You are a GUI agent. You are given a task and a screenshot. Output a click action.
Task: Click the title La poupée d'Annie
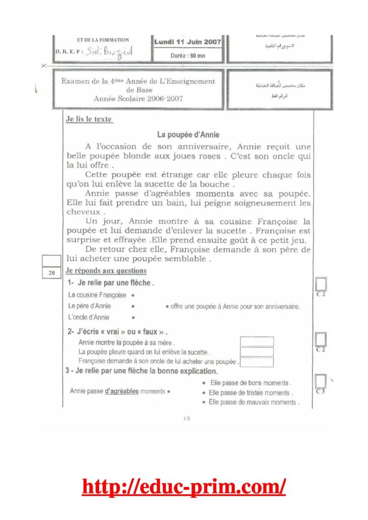coord(188,135)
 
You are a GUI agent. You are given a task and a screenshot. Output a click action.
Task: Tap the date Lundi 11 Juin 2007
coord(187,42)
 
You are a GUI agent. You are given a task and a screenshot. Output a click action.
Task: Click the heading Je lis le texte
coord(89,120)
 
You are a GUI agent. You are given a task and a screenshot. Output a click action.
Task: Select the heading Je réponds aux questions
coord(106,271)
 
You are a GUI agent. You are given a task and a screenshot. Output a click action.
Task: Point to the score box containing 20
coord(51,273)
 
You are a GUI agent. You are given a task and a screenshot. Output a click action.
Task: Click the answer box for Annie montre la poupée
coord(257,342)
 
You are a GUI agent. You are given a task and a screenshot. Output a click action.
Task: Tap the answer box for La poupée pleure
coord(257,352)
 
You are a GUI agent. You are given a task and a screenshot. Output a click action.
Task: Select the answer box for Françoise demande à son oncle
coord(257,362)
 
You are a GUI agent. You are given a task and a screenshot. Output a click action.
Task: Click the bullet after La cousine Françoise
coord(133,295)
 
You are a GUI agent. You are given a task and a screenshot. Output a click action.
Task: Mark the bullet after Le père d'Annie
coord(133,306)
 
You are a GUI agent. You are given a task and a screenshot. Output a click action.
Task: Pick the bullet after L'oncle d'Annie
coord(133,318)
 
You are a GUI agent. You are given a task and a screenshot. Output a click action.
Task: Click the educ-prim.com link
coord(184,487)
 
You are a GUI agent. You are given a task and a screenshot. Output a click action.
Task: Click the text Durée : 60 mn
coord(188,55)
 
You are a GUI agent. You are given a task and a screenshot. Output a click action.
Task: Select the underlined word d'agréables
coord(121,392)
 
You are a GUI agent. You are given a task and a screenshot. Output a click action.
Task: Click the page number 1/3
coord(186,418)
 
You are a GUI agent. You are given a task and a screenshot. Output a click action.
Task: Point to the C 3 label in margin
coord(320,392)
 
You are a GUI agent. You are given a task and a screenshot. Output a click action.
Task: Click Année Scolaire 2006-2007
coord(138,99)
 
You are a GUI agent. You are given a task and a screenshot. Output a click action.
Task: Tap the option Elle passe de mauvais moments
coord(253,402)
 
